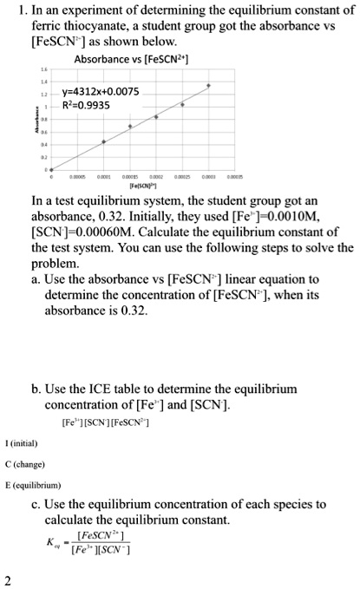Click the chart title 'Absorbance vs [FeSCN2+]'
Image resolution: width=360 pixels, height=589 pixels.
(132, 60)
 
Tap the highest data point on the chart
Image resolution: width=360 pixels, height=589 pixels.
(208, 86)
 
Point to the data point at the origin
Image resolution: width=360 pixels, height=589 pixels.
(50, 169)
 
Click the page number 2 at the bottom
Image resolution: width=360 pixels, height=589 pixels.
(7, 579)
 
